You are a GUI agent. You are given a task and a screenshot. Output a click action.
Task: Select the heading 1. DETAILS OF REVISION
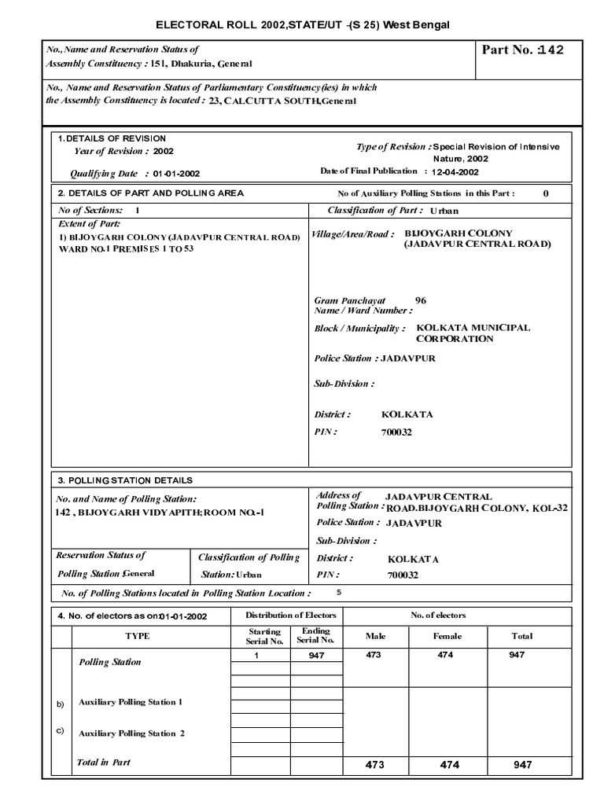pyautogui.click(x=111, y=138)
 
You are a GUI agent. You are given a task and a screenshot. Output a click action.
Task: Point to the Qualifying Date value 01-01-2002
pyautogui.click(x=176, y=173)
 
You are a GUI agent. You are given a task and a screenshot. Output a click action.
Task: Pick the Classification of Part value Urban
pyautogui.click(x=443, y=211)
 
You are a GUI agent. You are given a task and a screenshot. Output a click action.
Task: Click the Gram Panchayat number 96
pyautogui.click(x=420, y=300)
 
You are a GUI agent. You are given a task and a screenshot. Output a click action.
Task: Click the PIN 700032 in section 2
pyautogui.click(x=396, y=432)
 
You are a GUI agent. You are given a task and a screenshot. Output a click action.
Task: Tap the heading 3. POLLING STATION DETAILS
pyautogui.click(x=125, y=480)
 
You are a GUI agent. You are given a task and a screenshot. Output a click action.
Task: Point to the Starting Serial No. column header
pyautogui.click(x=264, y=636)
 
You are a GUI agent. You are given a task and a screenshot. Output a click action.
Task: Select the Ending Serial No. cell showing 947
pyautogui.click(x=316, y=655)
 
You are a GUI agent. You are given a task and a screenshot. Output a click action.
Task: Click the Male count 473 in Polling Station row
pyautogui.click(x=374, y=655)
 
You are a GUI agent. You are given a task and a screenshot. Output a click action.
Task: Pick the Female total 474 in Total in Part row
pyautogui.click(x=448, y=765)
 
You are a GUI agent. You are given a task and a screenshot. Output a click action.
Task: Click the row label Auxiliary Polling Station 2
pyautogui.click(x=131, y=733)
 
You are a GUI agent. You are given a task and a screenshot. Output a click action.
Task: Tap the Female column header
pyautogui.click(x=447, y=636)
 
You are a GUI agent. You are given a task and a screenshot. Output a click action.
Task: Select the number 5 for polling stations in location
pyautogui.click(x=339, y=592)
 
